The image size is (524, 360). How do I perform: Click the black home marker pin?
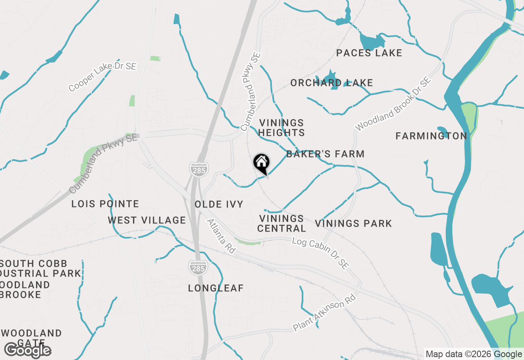click(x=261, y=163)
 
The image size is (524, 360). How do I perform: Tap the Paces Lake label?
click(x=369, y=53)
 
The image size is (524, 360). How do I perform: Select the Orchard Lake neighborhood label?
click(x=332, y=83)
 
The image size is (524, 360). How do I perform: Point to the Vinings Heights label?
click(x=282, y=128)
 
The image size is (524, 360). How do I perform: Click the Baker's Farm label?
click(x=325, y=154)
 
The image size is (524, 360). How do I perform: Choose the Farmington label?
click(x=431, y=136)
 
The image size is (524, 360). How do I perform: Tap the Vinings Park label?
click(x=353, y=223)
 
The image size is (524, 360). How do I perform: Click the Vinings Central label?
click(x=282, y=223)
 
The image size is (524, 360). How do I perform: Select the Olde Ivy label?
click(x=219, y=204)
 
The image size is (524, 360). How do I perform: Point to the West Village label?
click(x=147, y=220)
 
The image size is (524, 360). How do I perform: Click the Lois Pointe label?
click(x=105, y=204)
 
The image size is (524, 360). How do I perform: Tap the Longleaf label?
click(x=216, y=288)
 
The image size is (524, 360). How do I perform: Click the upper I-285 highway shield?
click(x=199, y=170)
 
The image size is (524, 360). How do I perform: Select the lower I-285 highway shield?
click(x=198, y=267)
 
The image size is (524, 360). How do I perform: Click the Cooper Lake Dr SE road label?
click(x=102, y=77)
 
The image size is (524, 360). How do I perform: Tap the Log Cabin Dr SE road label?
click(x=320, y=252)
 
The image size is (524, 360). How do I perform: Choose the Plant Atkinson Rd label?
click(x=324, y=313)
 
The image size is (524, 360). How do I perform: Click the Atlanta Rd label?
click(x=221, y=236)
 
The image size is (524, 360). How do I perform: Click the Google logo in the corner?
click(x=27, y=351)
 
